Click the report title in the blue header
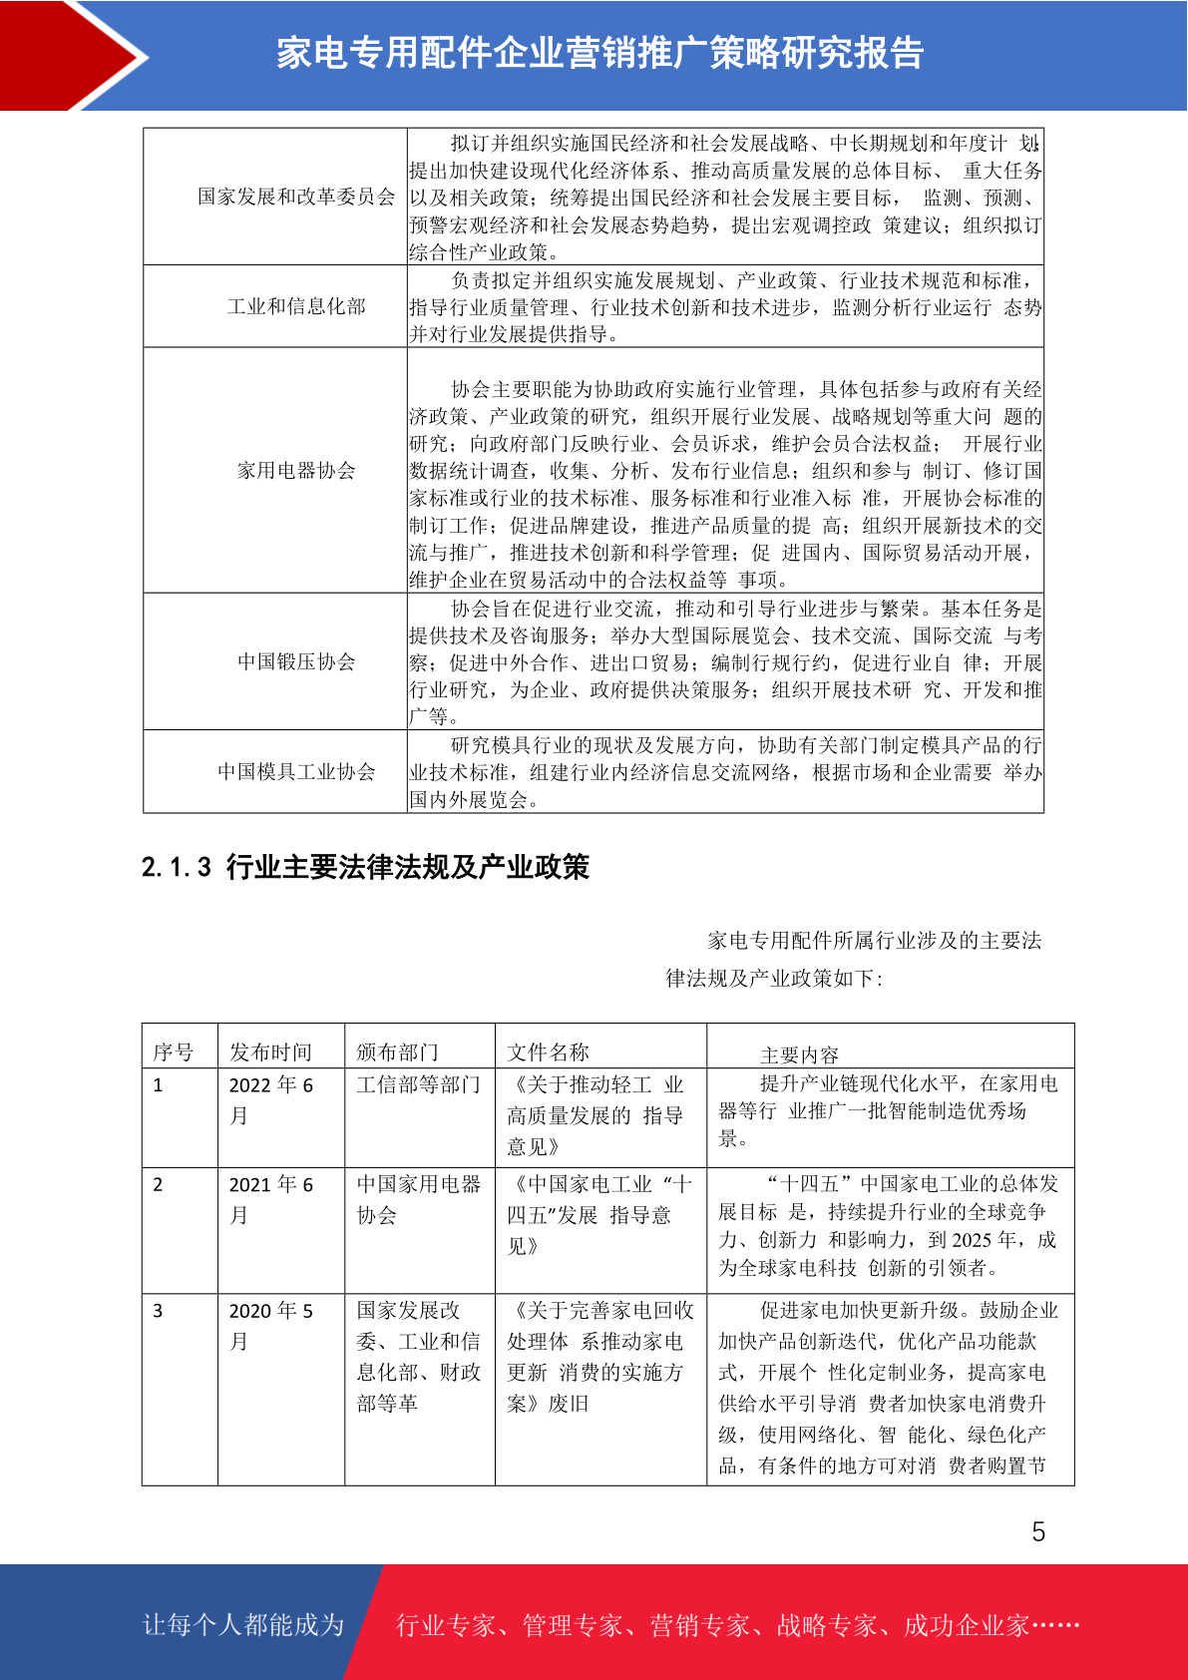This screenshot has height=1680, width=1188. click(x=599, y=54)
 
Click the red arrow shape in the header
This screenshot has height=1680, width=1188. click(x=70, y=56)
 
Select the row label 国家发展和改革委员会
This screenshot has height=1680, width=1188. click(x=296, y=197)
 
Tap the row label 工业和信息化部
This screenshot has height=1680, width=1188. click(x=296, y=306)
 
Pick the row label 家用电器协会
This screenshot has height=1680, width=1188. click(x=296, y=471)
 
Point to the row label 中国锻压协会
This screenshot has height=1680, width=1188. click(x=296, y=661)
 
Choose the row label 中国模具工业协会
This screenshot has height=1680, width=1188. click(x=296, y=771)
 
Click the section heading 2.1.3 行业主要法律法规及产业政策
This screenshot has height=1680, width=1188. click(x=365, y=867)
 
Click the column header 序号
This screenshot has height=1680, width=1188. click(x=173, y=1052)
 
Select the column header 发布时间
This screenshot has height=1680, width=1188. click(x=270, y=1052)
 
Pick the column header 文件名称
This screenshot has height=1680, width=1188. click(x=548, y=1052)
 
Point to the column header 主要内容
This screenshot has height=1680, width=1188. click(x=799, y=1054)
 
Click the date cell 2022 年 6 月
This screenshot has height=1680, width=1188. click(x=270, y=1099)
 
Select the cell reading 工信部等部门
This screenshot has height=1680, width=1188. click(x=418, y=1084)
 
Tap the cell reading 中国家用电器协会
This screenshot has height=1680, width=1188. click(x=418, y=1199)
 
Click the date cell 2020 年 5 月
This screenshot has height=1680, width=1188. click(x=270, y=1325)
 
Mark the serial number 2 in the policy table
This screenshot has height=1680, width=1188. click(x=158, y=1185)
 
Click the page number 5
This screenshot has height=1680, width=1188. click(x=1038, y=1532)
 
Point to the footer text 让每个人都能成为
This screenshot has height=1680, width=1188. click(x=243, y=1625)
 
